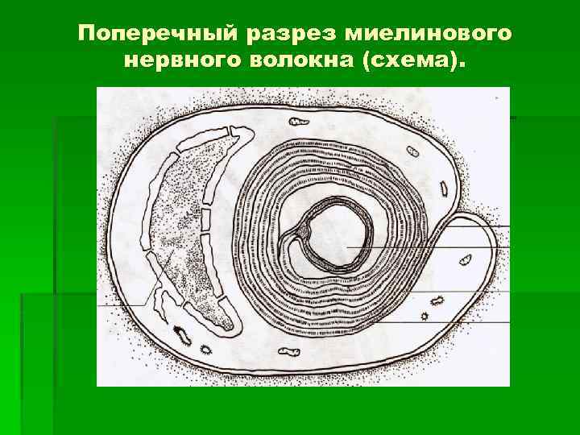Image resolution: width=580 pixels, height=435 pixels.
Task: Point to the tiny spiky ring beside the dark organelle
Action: click(x=206, y=350)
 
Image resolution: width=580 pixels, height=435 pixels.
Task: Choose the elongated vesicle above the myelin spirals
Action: click(x=299, y=122)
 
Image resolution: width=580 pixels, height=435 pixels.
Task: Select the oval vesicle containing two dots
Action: click(x=412, y=151)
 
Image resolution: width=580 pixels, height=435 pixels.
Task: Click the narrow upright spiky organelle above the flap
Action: click(x=444, y=188)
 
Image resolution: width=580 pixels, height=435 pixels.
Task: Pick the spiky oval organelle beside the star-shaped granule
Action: click(x=437, y=300)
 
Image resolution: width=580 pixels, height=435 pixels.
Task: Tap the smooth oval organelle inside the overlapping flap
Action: click(x=465, y=259)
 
